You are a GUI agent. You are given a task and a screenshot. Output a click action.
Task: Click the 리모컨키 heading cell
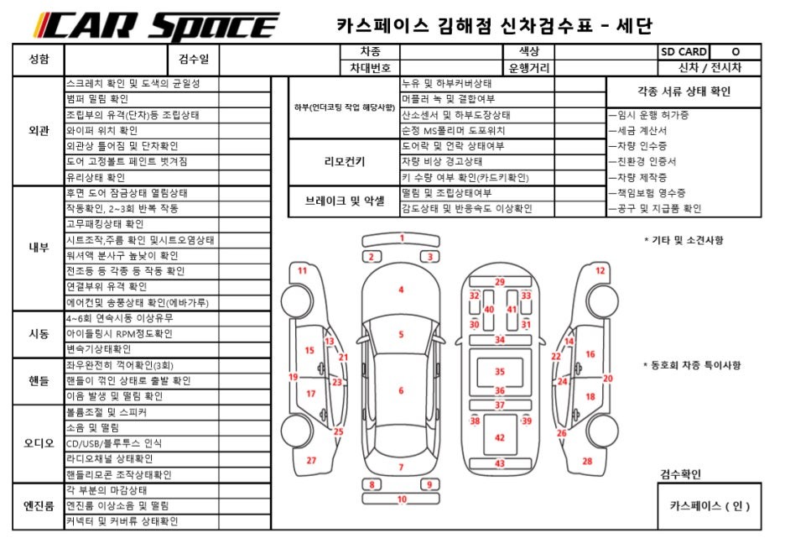344,161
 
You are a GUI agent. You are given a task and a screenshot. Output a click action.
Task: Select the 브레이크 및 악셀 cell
344,201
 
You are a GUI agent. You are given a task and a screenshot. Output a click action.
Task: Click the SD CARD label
683,52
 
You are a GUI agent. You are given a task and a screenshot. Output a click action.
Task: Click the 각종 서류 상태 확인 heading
684,91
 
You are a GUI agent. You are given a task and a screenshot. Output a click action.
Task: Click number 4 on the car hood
401,290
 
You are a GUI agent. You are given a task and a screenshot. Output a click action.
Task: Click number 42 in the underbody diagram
500,438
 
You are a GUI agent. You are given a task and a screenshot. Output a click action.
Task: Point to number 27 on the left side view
311,460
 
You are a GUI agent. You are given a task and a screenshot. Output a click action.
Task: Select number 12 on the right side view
600,270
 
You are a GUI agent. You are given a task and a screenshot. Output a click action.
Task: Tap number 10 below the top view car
401,499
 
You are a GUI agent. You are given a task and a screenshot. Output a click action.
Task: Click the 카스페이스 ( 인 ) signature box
710,506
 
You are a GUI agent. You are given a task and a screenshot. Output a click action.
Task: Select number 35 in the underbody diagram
500,371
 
